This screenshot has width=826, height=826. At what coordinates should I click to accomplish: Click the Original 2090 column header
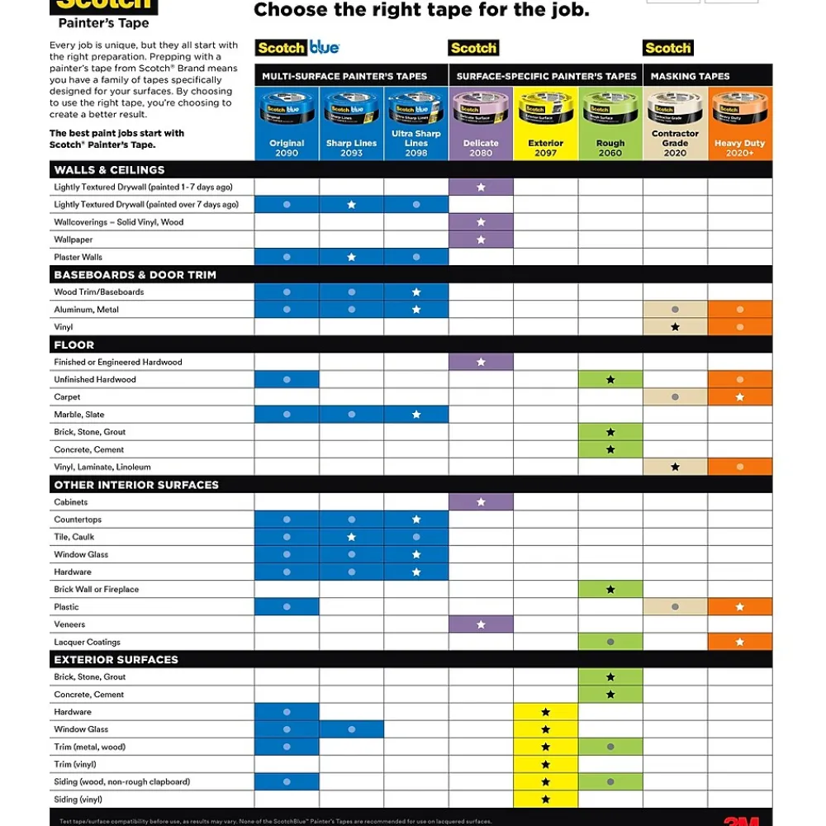[287, 148]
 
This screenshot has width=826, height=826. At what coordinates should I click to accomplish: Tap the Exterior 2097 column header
[545, 148]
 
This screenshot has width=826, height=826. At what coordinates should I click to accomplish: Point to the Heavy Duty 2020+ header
[739, 148]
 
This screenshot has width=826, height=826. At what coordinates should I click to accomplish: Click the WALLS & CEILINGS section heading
[109, 170]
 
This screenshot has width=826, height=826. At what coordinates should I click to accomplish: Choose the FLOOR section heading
[74, 344]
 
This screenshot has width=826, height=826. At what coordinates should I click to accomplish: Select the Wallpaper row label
[74, 240]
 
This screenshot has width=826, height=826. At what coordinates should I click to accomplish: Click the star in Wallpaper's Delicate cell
[481, 240]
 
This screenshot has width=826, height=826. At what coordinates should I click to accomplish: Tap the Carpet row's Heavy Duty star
[740, 397]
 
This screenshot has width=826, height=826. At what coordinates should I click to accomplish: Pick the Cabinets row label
[71, 502]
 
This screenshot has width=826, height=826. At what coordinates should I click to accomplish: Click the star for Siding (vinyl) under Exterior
[545, 800]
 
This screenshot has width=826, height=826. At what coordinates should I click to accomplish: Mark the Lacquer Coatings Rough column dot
[610, 642]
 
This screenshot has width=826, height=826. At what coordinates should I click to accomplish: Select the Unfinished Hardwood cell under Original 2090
[287, 380]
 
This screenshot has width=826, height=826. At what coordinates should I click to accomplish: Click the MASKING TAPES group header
[690, 76]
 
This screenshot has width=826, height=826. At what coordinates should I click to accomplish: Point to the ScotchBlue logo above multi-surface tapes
[297, 48]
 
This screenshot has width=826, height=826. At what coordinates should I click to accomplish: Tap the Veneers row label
[69, 624]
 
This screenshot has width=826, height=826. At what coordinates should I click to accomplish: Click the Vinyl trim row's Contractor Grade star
[675, 327]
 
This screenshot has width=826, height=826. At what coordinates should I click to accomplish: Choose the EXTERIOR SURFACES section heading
[116, 659]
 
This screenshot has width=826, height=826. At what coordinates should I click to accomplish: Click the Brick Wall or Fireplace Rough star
[610, 590]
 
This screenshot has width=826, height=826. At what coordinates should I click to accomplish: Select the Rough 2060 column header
[610, 148]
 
